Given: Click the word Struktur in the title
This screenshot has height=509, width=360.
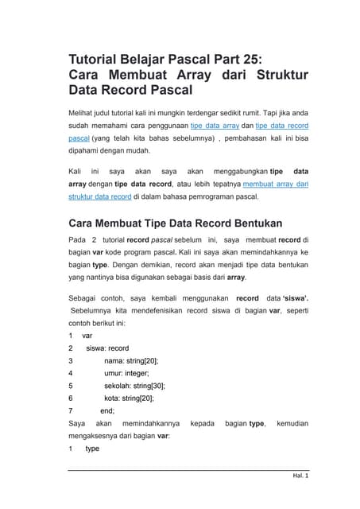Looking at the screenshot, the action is click(277, 75).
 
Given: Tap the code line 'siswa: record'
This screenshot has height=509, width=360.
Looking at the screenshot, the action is click(106, 348).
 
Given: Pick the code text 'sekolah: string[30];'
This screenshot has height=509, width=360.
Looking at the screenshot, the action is click(141, 386).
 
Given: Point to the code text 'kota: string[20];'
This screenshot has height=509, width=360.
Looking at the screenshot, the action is click(129, 398).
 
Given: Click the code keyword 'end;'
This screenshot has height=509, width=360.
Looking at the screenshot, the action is click(107, 410).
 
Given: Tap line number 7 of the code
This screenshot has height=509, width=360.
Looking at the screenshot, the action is click(71, 410).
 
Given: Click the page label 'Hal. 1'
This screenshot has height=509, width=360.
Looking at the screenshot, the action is click(300, 476).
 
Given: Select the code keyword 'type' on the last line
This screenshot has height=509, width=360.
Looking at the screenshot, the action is click(92, 449).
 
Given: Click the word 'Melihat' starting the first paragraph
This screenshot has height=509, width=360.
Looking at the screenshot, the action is click(85, 114).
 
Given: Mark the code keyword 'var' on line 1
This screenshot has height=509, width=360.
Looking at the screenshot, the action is click(87, 336).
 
